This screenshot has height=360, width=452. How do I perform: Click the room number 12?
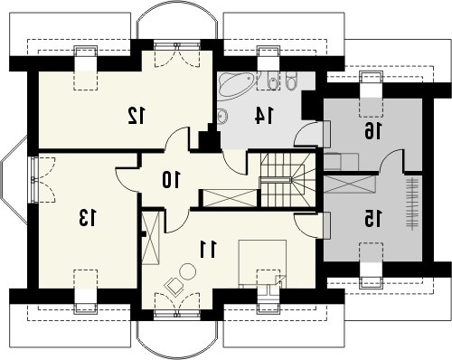tap(137, 115)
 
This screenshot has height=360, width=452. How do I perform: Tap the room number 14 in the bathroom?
tap(265, 116)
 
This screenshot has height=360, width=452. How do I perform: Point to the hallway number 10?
tap(171, 179)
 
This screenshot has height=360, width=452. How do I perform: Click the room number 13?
tap(88, 218)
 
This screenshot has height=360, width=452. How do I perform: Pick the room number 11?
tap(208, 250)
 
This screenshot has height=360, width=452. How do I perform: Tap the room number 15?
tap(372, 218)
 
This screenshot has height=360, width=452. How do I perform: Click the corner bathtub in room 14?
tap(236, 85)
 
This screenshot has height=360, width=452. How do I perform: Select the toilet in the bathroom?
tap(291, 81)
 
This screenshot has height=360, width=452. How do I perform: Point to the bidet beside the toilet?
tap(272, 81)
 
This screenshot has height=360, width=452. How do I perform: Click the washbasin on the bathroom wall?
tap(222, 116)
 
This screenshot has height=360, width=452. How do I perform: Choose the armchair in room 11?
tap(174, 285)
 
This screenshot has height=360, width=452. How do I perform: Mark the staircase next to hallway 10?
tap(287, 180)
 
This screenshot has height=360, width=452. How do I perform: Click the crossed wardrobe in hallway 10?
tap(230, 198)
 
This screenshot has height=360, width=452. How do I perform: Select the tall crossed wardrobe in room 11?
tap(150, 238)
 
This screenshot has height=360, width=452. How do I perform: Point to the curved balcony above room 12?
tap(177, 24)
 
